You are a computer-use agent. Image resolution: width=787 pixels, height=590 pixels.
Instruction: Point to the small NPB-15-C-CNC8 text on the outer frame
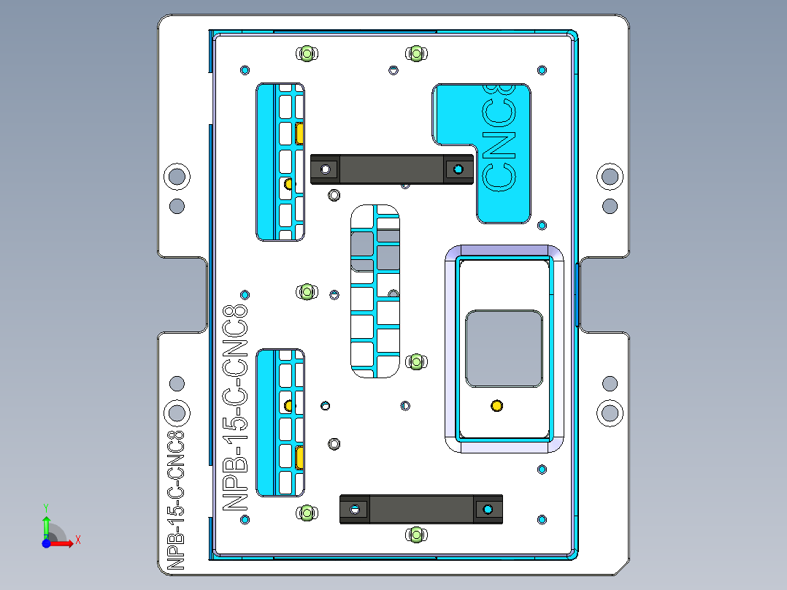coord(176,500)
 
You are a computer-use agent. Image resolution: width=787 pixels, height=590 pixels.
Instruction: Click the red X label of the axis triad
coord(77,540)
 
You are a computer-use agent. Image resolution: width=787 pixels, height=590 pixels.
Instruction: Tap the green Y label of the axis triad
coord(45,506)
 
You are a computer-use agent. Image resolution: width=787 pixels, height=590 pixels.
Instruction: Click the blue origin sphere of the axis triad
coord(46,543)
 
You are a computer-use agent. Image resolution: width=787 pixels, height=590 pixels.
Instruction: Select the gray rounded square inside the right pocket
coord(504,348)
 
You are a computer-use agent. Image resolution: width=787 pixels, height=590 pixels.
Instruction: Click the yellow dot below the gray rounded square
coord(496,405)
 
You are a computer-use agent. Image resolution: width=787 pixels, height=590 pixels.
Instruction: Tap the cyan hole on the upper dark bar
coord(458,169)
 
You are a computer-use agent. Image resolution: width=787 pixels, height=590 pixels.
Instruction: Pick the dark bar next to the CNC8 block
coord(391,169)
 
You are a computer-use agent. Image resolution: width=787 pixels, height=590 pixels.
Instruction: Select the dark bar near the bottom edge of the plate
coord(421,509)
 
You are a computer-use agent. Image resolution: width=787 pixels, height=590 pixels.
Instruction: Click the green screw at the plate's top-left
coord(307,53)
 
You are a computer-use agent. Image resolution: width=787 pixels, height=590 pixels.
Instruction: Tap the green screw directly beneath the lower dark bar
coord(415,535)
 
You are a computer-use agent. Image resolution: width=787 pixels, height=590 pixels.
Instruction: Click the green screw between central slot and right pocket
coord(415,361)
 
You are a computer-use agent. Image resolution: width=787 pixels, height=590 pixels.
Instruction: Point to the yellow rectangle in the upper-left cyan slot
coord(300,134)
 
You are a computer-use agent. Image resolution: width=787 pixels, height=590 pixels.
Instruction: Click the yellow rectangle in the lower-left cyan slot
coord(300,457)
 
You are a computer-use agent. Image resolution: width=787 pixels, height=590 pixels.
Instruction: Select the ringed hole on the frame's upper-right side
coord(610,176)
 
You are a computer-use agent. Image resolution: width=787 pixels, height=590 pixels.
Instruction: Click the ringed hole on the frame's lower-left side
coord(177,413)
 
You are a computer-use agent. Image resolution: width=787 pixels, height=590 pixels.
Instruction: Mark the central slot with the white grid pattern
coord(375,292)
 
